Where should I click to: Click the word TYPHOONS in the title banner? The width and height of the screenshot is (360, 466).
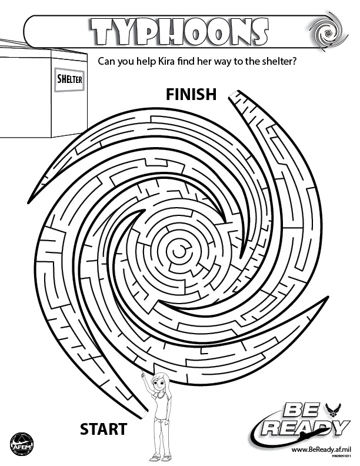point(179,31)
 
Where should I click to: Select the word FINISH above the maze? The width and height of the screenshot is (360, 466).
point(191,94)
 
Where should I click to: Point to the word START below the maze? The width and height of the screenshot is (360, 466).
point(104,429)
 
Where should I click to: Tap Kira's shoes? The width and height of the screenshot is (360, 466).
point(161,457)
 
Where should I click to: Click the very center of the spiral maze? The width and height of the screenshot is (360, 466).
point(178,251)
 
